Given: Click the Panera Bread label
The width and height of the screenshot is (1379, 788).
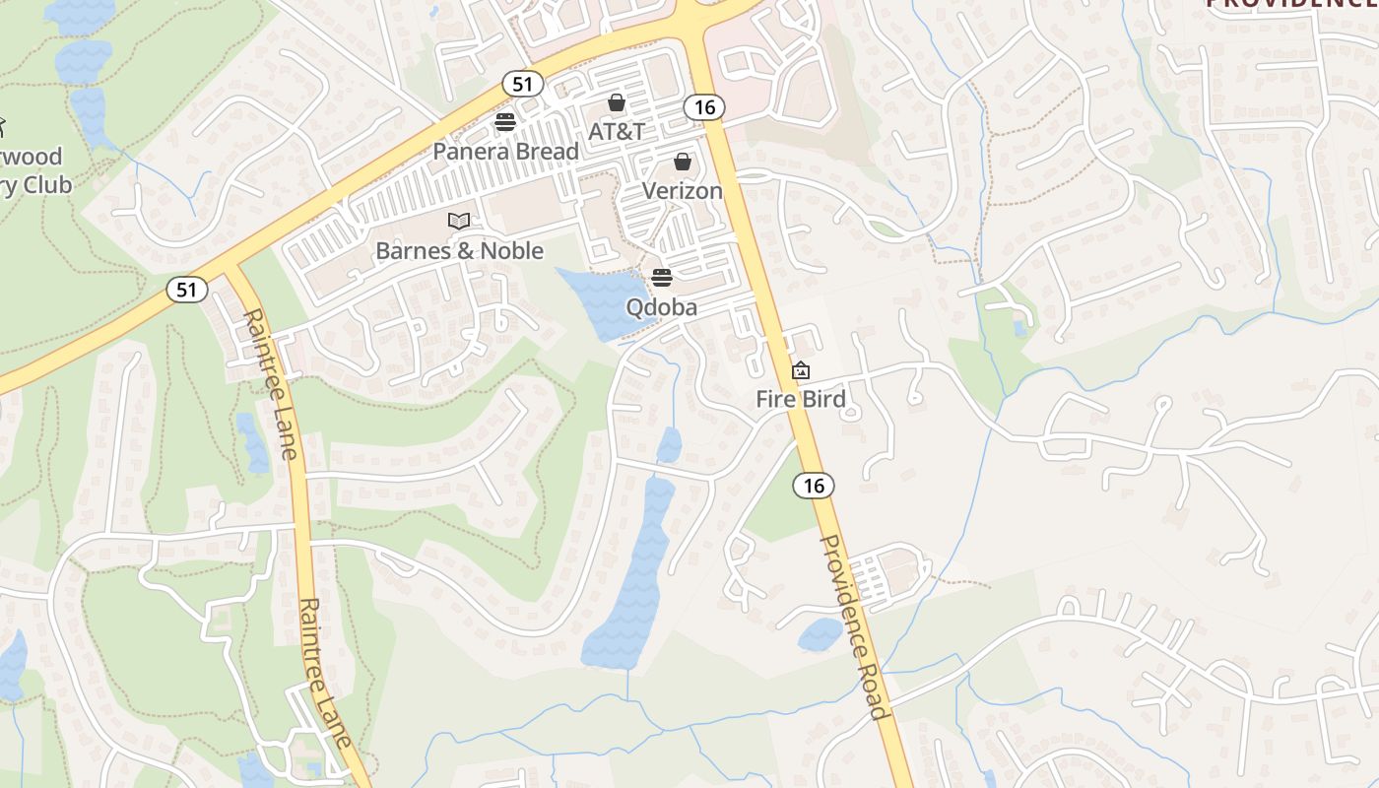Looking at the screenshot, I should (506, 151).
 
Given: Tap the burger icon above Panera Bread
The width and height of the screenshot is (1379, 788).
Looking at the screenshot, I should (505, 123).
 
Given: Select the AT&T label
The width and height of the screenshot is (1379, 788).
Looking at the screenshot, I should (617, 131).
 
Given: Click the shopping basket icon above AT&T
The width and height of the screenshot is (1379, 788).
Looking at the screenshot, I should (617, 102).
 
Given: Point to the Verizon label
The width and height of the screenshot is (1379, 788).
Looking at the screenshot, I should (683, 190).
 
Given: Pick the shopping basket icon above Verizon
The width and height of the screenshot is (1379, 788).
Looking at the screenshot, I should (683, 162).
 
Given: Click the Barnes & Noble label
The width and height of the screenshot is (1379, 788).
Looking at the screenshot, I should (459, 250).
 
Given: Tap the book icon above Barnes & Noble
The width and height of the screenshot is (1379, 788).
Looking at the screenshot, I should (459, 222).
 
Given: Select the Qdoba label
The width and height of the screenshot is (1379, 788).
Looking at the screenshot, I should (662, 307).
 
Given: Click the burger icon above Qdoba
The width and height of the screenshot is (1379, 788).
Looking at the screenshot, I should (662, 278).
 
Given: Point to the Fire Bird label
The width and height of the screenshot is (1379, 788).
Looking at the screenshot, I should (801, 399).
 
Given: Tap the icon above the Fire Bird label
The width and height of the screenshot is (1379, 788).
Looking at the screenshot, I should (801, 371).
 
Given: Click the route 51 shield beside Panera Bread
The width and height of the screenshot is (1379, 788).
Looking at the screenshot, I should (522, 84).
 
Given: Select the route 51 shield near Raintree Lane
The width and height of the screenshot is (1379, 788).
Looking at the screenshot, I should (187, 290).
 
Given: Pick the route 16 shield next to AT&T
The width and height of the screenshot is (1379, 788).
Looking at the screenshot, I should (704, 107).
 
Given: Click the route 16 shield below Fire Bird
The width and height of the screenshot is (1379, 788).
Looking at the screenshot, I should (814, 485).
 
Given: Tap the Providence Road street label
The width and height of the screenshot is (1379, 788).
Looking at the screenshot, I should (853, 627).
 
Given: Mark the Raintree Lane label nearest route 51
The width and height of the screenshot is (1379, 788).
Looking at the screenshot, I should (269, 384).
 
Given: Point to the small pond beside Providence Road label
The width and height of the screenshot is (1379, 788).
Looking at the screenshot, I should (820, 635).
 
